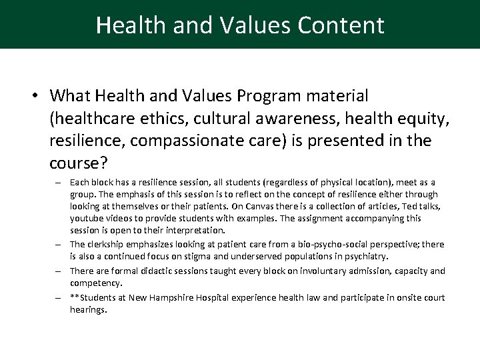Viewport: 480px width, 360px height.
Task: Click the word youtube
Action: click(87, 218)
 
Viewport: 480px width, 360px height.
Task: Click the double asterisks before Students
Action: click(75, 297)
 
